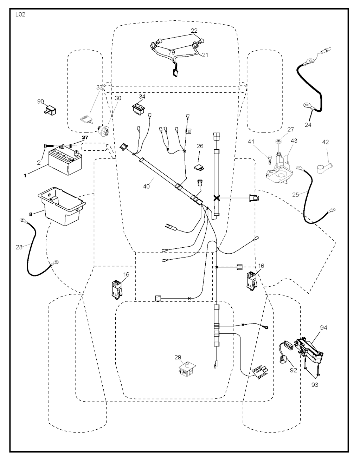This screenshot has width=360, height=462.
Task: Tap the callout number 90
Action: pyautogui.click(x=40, y=102)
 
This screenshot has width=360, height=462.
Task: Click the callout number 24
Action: pyautogui.click(x=308, y=124)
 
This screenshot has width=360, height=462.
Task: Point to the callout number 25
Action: pyautogui.click(x=295, y=194)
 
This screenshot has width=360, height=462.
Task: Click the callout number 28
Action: pyautogui.click(x=19, y=247)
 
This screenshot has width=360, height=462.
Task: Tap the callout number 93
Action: pyautogui.click(x=315, y=385)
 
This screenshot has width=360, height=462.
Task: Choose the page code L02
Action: pyautogui.click(x=20, y=15)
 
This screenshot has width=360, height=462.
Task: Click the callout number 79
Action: pyautogui.click(x=172, y=52)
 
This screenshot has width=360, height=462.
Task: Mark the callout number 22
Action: pyautogui.click(x=194, y=31)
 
